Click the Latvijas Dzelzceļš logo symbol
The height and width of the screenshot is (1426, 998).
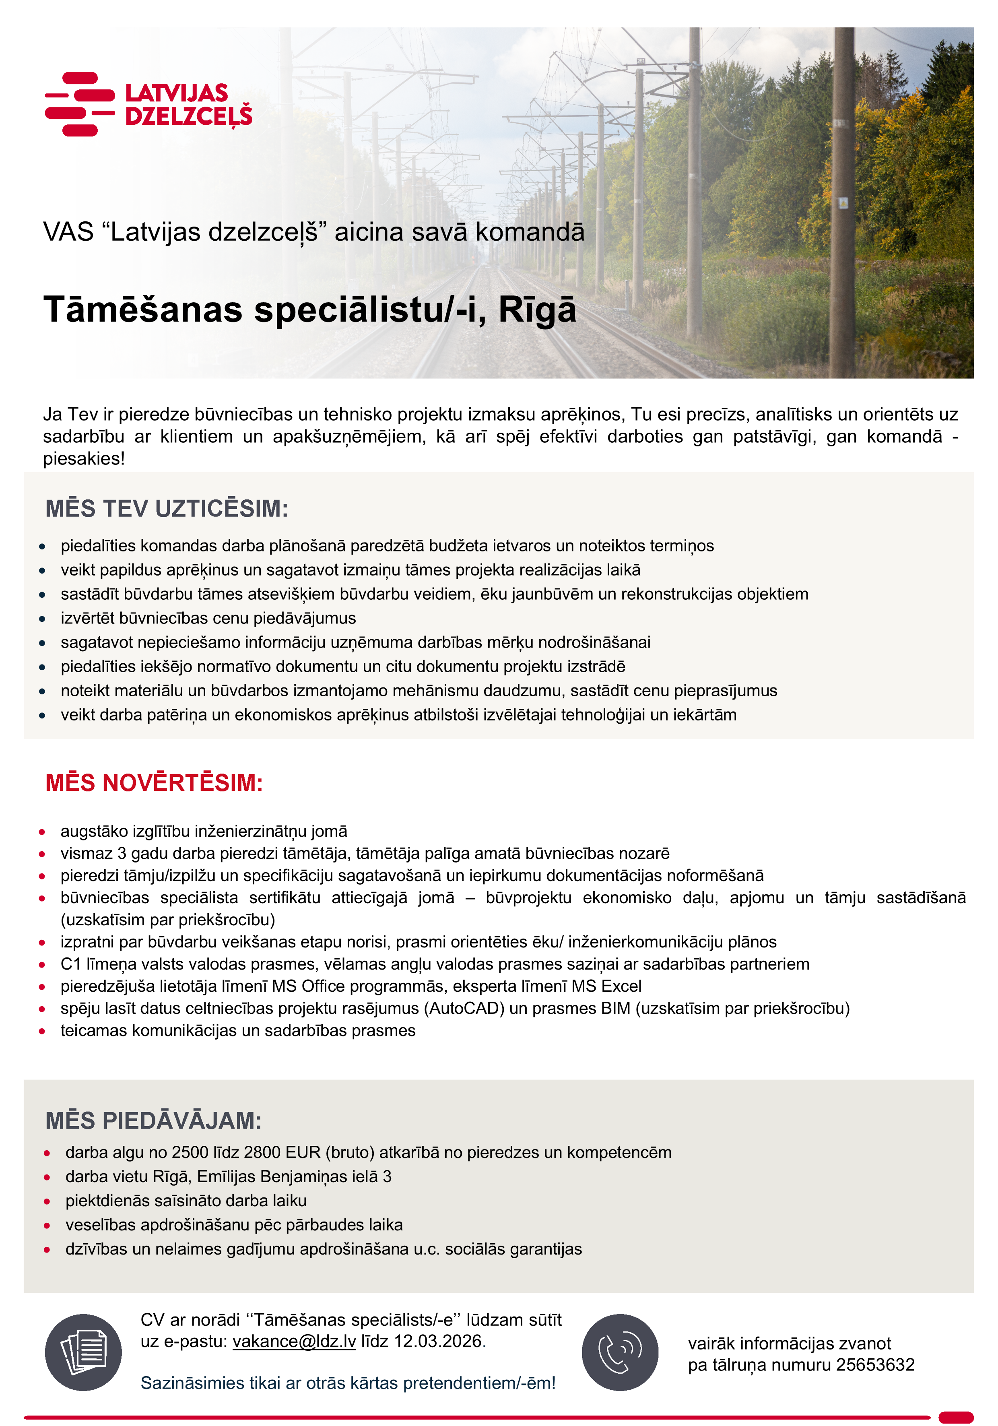click(80, 104)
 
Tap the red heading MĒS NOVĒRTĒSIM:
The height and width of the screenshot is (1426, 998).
click(154, 782)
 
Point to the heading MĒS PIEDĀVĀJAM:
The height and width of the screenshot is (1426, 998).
click(153, 1121)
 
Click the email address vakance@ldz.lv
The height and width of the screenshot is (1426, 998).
click(294, 1341)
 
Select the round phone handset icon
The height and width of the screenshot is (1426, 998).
click(619, 1352)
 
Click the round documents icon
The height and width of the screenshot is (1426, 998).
click(83, 1352)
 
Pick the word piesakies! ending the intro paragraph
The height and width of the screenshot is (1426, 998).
click(84, 458)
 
